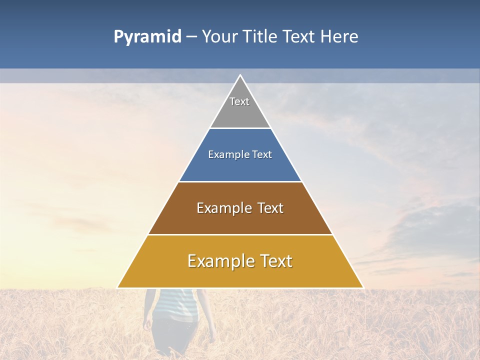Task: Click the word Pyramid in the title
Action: click(147, 37)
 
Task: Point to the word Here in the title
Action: click(339, 37)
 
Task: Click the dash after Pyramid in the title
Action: click(192, 37)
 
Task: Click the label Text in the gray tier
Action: click(239, 101)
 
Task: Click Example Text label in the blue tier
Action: click(240, 154)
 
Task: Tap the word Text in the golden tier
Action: click(273, 261)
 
